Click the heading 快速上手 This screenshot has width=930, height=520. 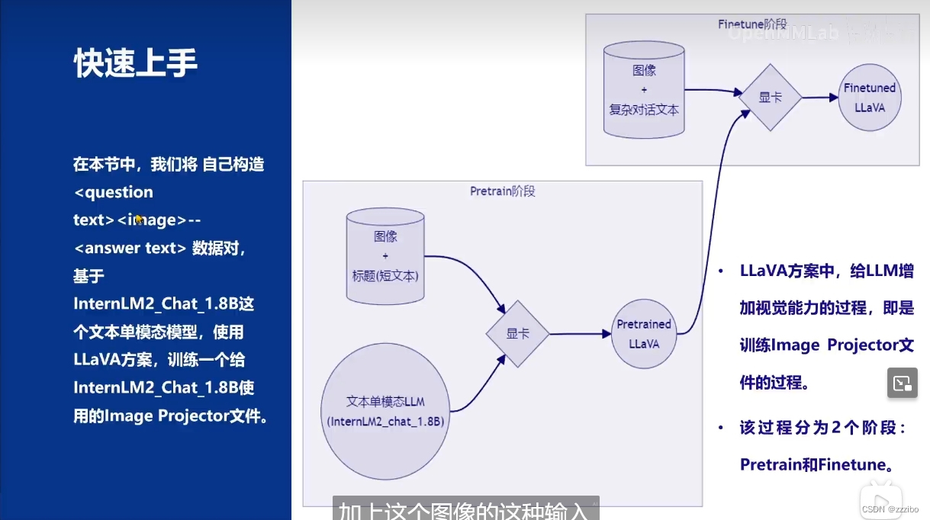point(136,64)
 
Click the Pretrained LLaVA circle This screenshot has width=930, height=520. point(644,334)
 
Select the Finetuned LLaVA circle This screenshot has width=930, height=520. point(869,98)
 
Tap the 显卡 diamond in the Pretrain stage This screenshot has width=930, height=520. point(518,334)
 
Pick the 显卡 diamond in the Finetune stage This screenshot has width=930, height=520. point(770,97)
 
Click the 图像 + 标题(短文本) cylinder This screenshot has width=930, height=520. point(385,255)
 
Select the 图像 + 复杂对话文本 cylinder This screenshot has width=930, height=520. point(644,89)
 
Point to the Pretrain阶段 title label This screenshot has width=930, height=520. point(502,191)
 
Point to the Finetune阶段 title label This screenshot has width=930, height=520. point(752,24)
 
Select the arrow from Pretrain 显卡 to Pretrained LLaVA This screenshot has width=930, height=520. point(581,334)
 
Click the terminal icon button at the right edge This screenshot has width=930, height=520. point(902,383)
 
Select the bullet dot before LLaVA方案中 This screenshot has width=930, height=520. point(721,272)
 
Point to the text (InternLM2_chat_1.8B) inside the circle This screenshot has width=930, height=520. point(385,421)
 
